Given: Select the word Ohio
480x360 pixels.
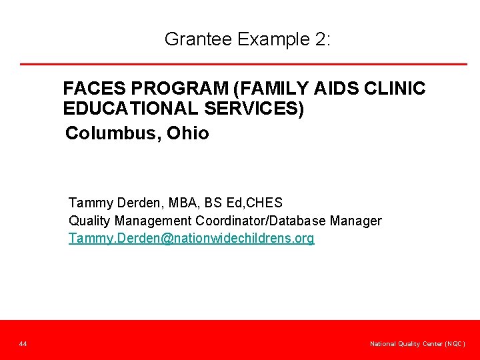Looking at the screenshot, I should coord(188,133).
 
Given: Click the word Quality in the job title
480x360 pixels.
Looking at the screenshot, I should coord(90,221).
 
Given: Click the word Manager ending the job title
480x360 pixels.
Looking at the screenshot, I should coord(357,221).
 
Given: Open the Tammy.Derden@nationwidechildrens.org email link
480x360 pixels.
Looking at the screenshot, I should coord(191,239).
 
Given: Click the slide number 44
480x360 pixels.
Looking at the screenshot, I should coord(23,344).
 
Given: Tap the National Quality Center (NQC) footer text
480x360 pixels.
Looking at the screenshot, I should coord(417,344).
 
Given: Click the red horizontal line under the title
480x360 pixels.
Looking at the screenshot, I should coord(243,64).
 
